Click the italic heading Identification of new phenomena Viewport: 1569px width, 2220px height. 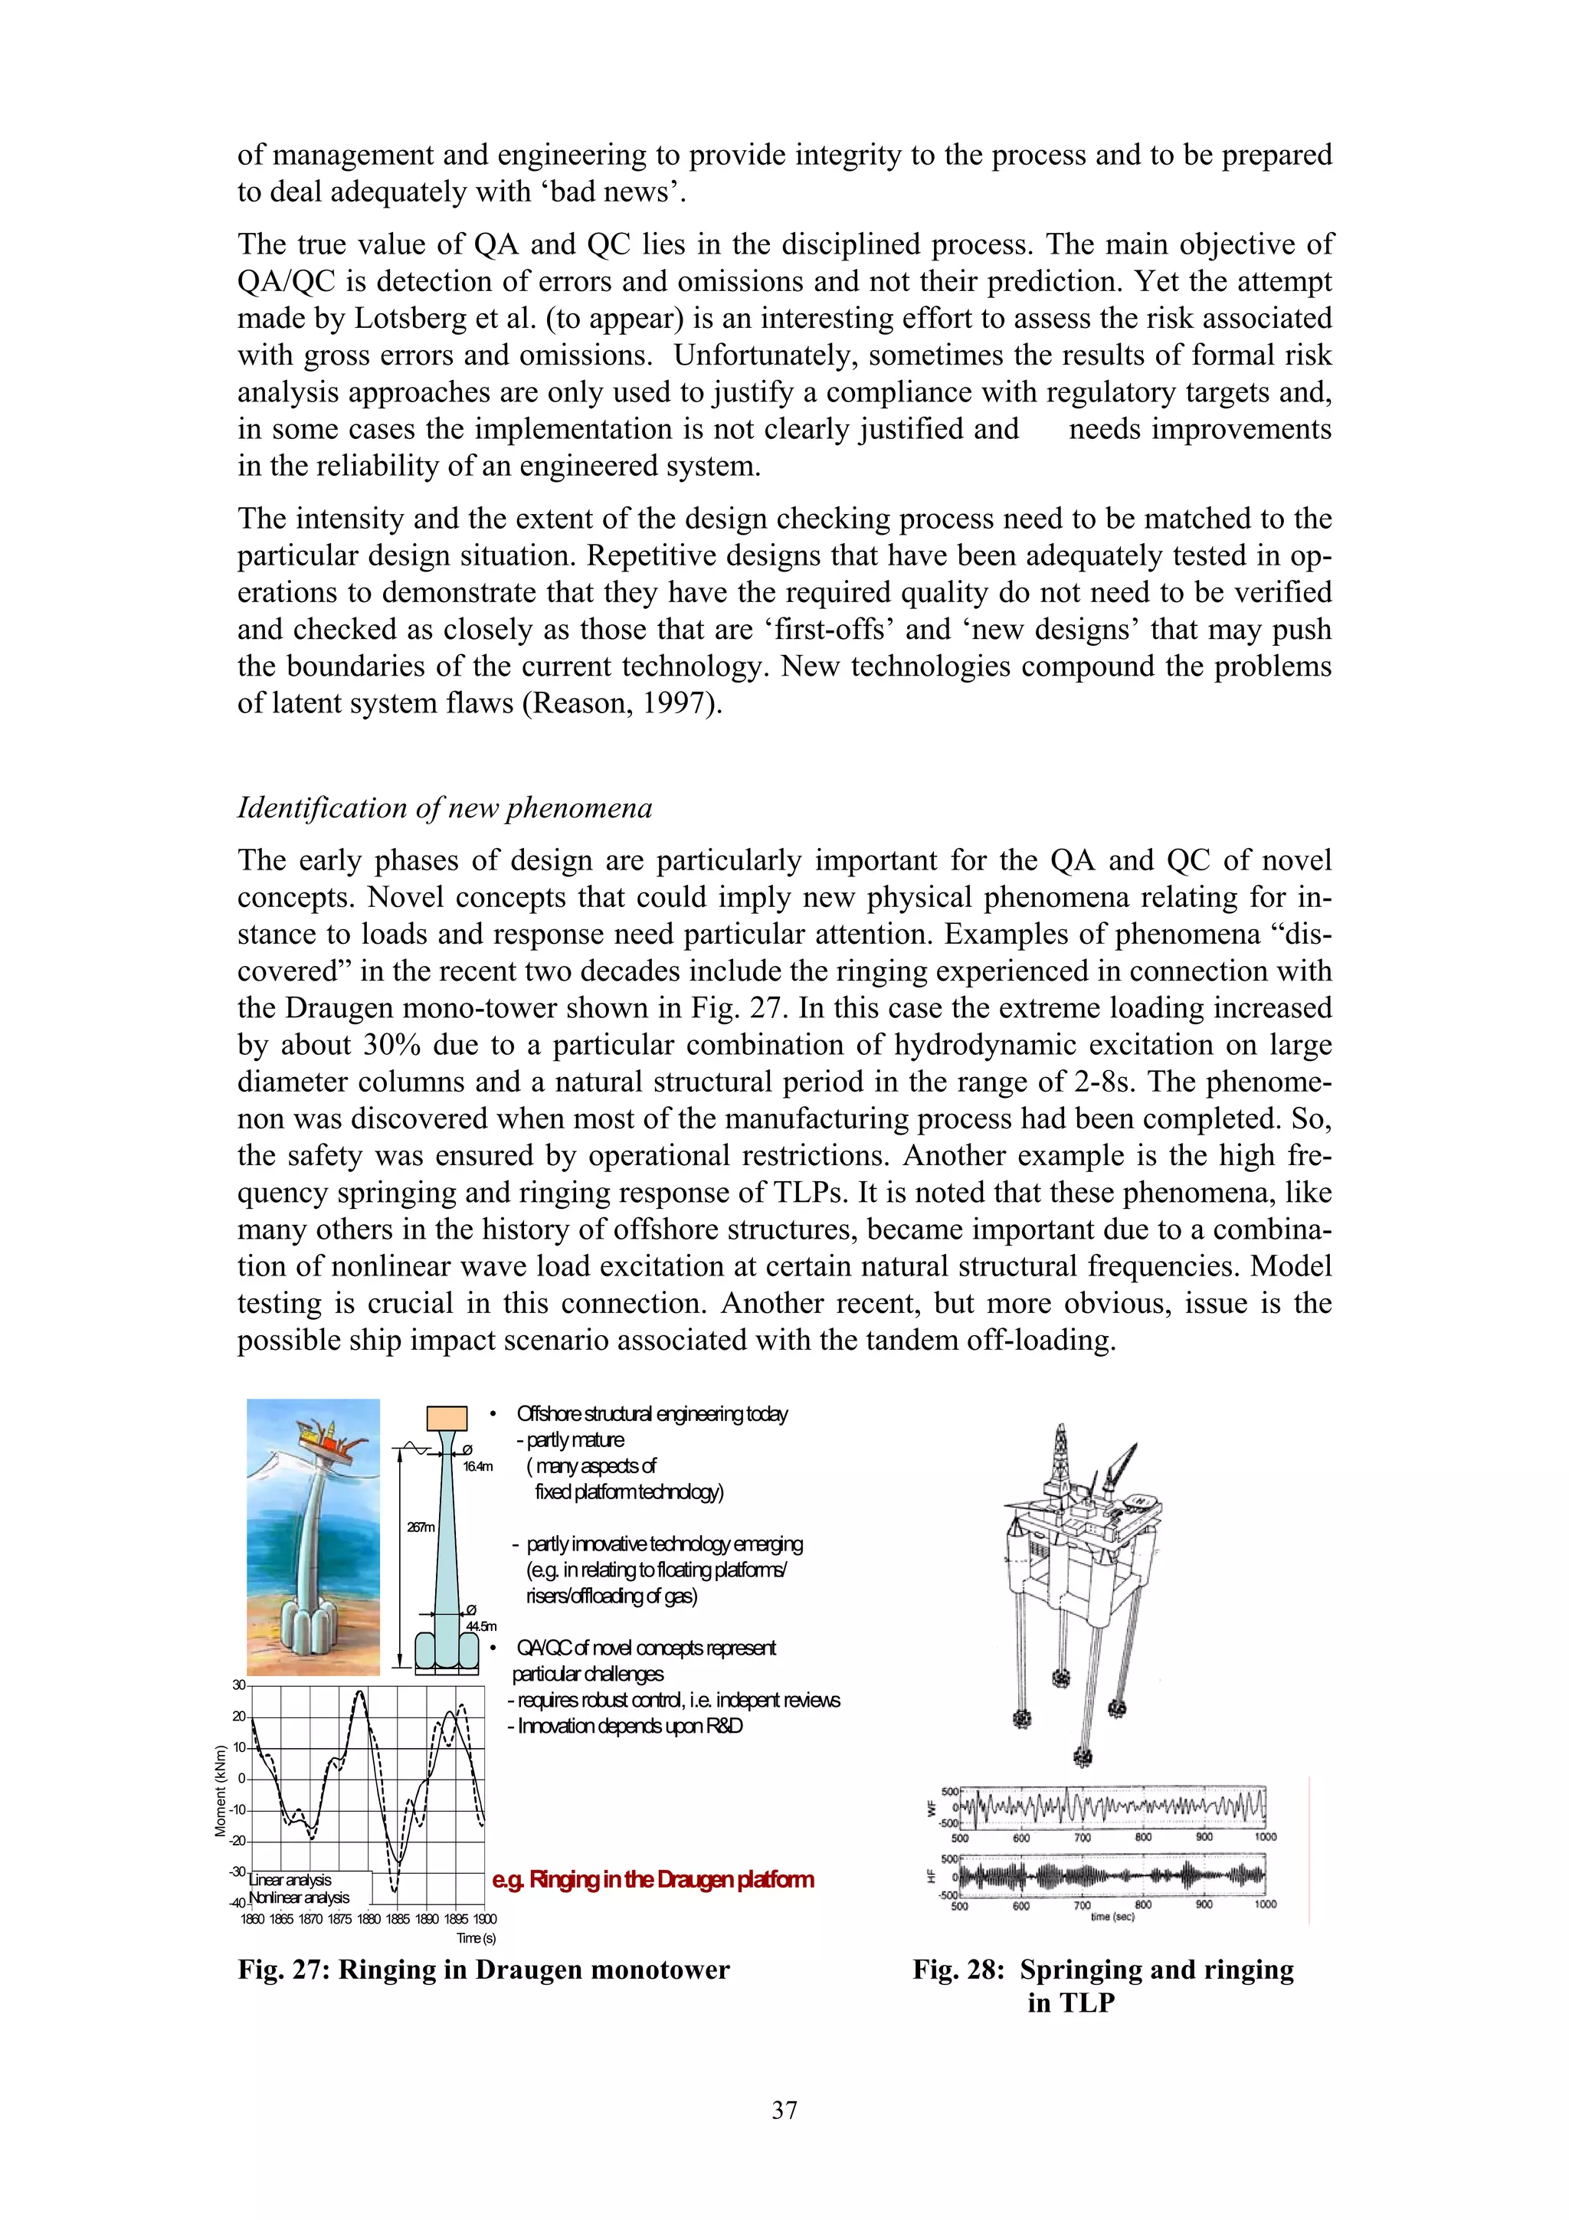[x=444, y=807]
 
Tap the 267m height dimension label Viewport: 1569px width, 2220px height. [x=421, y=1527]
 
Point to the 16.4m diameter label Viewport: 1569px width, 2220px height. [x=477, y=1465]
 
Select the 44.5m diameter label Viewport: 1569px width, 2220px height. [x=480, y=1626]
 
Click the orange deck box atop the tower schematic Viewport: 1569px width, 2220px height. [x=447, y=1417]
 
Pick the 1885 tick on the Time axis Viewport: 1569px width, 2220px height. [x=398, y=1918]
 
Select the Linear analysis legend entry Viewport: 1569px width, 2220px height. [x=290, y=1880]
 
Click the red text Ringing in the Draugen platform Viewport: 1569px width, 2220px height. [x=653, y=1880]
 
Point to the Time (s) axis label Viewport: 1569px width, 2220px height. [x=476, y=1937]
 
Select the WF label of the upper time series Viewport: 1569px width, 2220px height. [x=932, y=1807]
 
